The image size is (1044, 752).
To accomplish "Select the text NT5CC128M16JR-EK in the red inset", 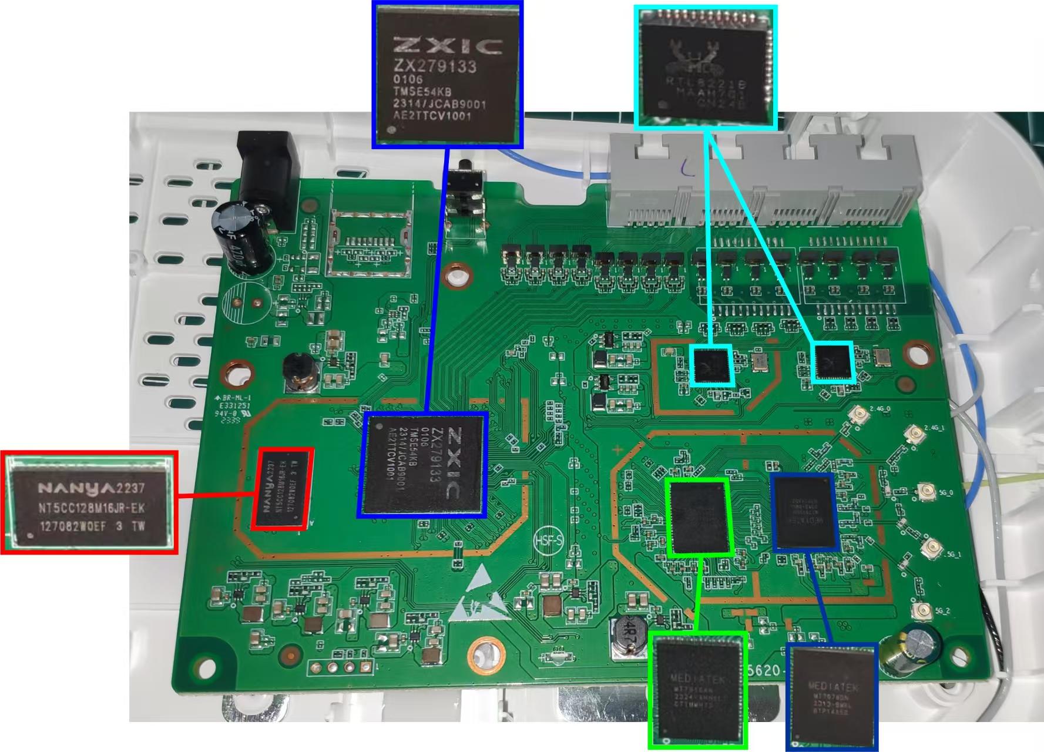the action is tap(91, 508).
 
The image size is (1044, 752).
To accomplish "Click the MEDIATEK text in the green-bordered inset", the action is tap(698, 679).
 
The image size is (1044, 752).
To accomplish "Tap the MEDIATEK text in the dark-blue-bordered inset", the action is tap(833, 687).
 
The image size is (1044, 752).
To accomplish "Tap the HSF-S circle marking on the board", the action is tap(548, 540).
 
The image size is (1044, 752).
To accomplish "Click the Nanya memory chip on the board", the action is tap(283, 488).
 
